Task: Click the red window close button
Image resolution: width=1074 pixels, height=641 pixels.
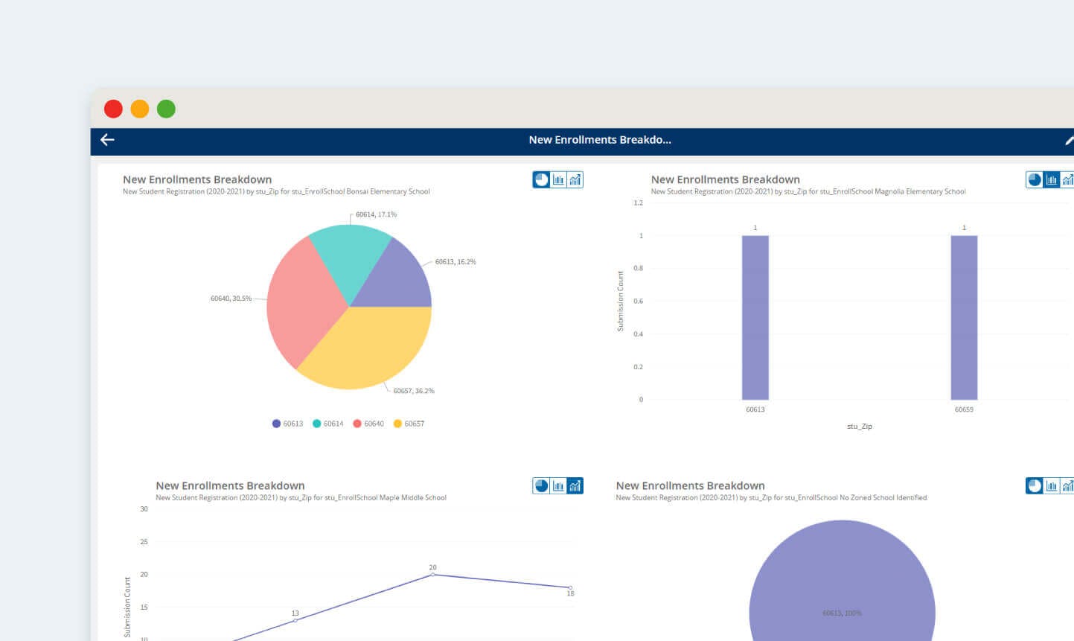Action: pyautogui.click(x=113, y=109)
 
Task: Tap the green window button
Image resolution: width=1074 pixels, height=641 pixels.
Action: pyautogui.click(x=166, y=109)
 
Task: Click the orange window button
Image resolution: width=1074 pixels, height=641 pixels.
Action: pyautogui.click(x=139, y=109)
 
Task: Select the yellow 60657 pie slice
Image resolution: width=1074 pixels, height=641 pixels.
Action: pyautogui.click(x=365, y=346)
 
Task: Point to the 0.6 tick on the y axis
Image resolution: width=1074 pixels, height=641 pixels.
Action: pyautogui.click(x=638, y=302)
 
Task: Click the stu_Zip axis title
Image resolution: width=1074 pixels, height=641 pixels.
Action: pyautogui.click(x=859, y=427)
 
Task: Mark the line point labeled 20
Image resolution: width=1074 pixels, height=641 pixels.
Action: pyautogui.click(x=432, y=574)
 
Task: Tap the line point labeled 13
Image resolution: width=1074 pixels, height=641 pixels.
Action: pyautogui.click(x=295, y=620)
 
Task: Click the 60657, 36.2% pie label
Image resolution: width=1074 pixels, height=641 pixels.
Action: pyautogui.click(x=414, y=391)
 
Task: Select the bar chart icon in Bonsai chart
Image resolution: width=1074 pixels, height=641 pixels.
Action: pyautogui.click(x=558, y=179)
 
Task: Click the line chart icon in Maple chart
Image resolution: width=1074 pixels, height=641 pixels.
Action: pyautogui.click(x=575, y=486)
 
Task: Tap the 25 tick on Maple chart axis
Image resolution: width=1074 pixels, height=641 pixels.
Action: pyautogui.click(x=144, y=542)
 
